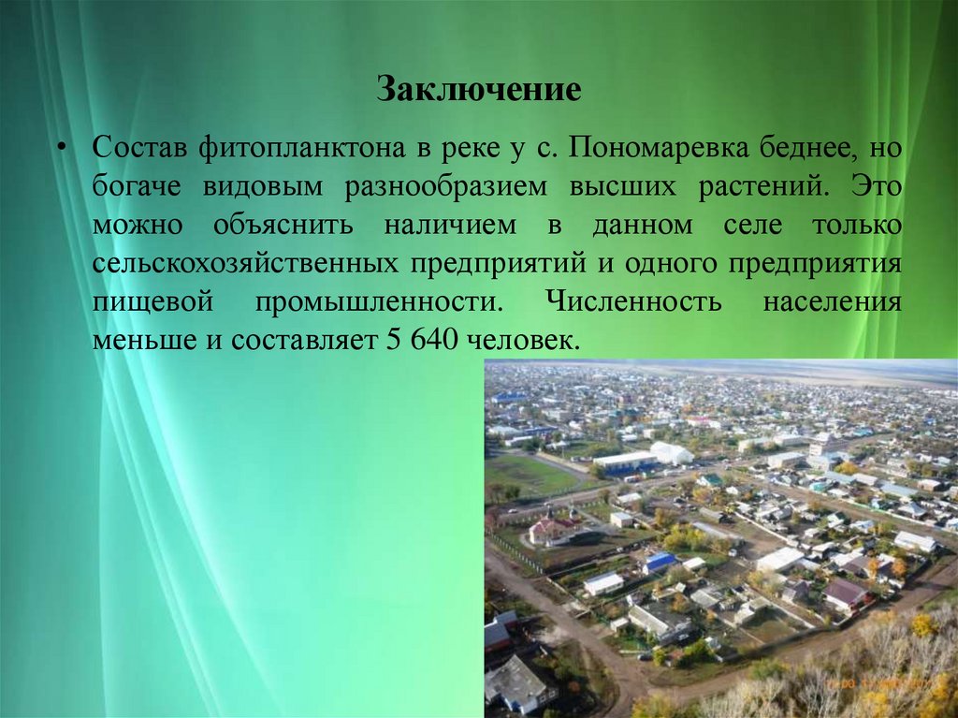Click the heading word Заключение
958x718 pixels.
click(479, 91)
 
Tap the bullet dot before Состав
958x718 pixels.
click(63, 149)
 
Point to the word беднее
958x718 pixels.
click(806, 149)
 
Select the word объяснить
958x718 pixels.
click(283, 226)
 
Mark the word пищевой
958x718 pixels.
click(146, 302)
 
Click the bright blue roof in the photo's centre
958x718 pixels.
click(660, 561)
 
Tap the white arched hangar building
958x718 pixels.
click(672, 453)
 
